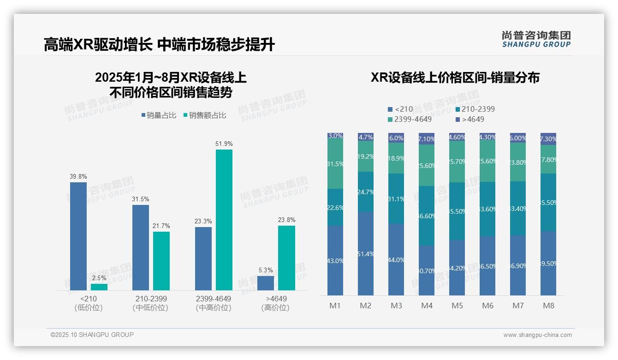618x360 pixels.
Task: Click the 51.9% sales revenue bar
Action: (224, 220)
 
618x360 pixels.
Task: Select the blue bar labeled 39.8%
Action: (78, 236)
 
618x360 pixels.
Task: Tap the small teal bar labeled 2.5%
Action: (99, 287)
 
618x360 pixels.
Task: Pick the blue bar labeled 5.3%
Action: (266, 283)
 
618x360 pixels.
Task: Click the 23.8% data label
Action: (286, 220)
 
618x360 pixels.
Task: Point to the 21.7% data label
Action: (161, 226)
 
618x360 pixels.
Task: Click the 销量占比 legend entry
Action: (159, 115)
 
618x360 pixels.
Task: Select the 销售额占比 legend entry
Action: (205, 115)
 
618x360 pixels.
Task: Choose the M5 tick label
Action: (457, 306)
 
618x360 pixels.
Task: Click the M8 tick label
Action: (548, 306)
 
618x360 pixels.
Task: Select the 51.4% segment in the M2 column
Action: (366, 253)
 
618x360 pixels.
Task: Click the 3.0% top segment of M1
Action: (335, 136)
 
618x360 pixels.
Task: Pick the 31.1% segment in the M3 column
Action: (396, 199)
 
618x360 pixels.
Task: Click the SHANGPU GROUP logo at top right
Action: (536, 39)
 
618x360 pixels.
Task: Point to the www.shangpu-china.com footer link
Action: (537, 335)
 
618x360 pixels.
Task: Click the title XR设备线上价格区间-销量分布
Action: (455, 78)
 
